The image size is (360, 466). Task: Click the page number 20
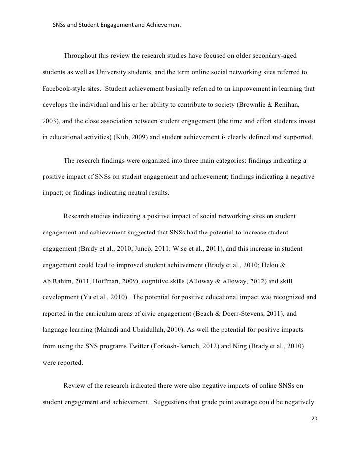click(315, 419)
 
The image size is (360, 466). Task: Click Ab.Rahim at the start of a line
click(54, 280)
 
